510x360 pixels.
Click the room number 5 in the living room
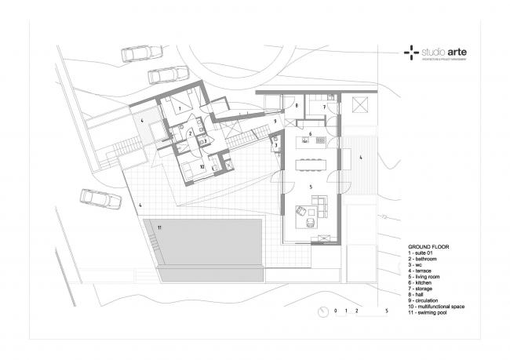311,187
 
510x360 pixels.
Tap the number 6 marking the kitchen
311,135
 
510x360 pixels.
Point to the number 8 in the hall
297,105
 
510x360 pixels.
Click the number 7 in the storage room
324,106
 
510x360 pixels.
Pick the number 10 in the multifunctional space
201,166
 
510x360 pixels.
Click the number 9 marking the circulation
275,122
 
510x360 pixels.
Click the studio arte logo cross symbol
410,53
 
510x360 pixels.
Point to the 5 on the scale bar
386,311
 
